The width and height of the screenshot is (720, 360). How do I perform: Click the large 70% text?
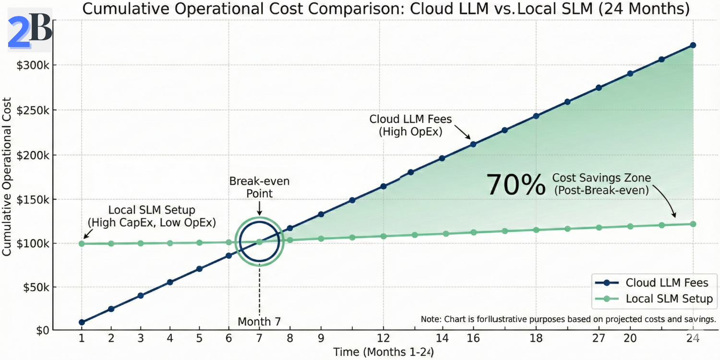(516, 185)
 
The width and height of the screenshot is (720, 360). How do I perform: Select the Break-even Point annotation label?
(259, 187)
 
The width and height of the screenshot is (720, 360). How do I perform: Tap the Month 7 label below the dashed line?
(259, 321)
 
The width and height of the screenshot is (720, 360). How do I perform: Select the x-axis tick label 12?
(383, 338)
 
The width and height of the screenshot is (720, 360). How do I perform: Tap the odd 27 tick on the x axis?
(599, 338)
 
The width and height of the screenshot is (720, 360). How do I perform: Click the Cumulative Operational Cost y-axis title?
(7, 177)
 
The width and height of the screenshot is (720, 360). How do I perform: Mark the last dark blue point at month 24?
(693, 45)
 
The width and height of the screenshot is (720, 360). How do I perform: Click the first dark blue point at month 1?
(82, 323)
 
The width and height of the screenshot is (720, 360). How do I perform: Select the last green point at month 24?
(693, 224)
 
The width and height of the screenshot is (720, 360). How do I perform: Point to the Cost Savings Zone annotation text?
(601, 184)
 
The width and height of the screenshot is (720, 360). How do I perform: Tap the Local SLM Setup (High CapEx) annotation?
(151, 216)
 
